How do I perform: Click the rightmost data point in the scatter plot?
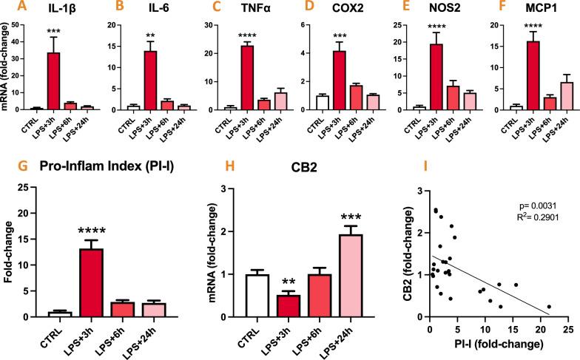(549, 306)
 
